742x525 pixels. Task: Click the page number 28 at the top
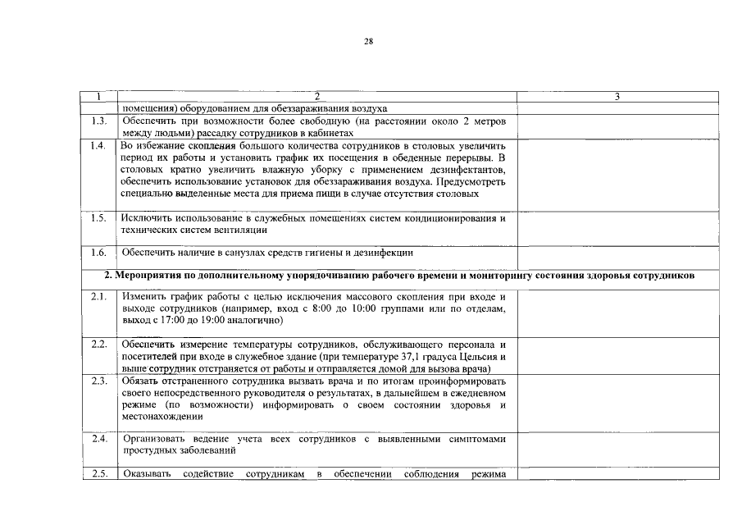point(368,41)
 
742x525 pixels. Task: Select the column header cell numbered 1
point(98,97)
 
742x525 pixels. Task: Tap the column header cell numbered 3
point(617,97)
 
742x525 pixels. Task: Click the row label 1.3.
point(98,121)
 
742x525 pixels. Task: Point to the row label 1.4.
point(98,146)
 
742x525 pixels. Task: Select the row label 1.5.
point(98,218)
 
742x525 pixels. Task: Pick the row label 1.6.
point(98,253)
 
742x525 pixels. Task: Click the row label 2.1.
point(98,297)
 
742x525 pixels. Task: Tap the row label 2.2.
point(98,344)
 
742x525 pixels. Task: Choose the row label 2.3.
point(98,381)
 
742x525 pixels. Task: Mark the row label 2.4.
point(98,440)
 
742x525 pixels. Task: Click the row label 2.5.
point(98,474)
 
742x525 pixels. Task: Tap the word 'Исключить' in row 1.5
point(145,218)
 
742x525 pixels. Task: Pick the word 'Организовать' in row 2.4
point(154,440)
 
